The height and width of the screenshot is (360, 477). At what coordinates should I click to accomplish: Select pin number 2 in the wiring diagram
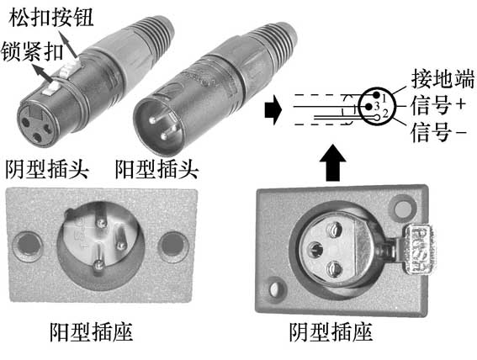384,112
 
